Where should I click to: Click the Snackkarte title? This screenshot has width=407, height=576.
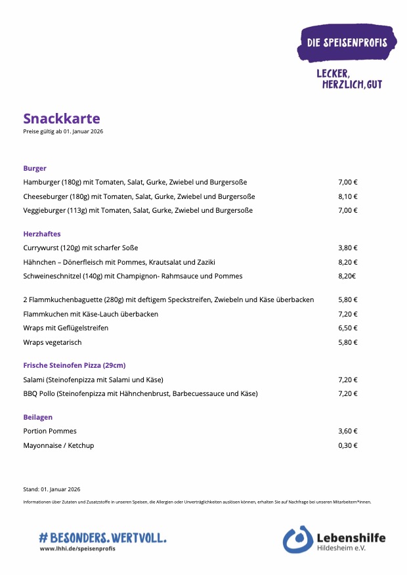pyautogui.click(x=62, y=119)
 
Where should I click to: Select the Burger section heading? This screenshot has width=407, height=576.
pyautogui.click(x=35, y=168)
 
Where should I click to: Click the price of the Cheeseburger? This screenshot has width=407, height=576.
pyautogui.click(x=347, y=196)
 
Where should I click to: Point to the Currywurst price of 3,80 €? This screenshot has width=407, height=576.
pyautogui.click(x=347, y=248)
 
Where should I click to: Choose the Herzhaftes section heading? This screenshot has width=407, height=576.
pyautogui.click(x=42, y=234)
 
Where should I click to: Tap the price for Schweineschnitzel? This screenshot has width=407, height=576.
pyautogui.click(x=347, y=277)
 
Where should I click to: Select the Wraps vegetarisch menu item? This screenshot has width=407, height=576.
pyautogui.click(x=53, y=342)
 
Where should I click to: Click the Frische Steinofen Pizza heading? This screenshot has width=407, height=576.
pyautogui.click(x=74, y=365)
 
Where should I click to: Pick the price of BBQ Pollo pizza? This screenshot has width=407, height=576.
pyautogui.click(x=347, y=394)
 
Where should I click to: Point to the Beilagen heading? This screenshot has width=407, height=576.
pyautogui.click(x=37, y=417)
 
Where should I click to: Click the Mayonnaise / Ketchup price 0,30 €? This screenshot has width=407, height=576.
pyautogui.click(x=347, y=445)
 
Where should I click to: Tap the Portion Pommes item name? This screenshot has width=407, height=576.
pyautogui.click(x=50, y=431)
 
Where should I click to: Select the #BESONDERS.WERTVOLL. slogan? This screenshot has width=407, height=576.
pyautogui.click(x=102, y=537)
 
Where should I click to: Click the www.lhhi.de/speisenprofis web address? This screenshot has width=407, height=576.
pyautogui.click(x=77, y=548)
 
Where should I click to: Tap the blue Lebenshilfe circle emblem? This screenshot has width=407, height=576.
pyautogui.click(x=297, y=539)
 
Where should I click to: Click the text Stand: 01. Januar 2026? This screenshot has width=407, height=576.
pyautogui.click(x=51, y=489)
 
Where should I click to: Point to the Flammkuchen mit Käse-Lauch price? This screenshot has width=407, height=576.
pyautogui.click(x=347, y=314)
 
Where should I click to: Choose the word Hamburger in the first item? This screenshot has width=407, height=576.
pyautogui.click(x=41, y=182)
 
